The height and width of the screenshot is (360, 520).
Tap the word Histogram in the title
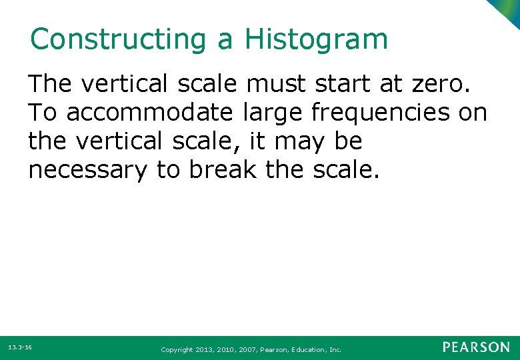[316, 39]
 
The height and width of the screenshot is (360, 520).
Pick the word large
[271, 113]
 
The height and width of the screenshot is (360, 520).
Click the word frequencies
[381, 113]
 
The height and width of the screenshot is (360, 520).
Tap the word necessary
[87, 171]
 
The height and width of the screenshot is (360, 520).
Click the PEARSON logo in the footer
[476, 347]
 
